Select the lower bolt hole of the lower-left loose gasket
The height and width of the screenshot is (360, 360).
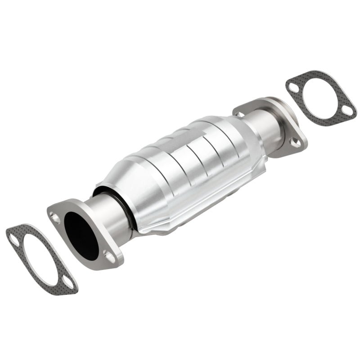68,283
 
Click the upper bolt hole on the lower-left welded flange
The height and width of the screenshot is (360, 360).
56,219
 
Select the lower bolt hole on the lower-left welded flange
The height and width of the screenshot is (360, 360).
108,256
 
